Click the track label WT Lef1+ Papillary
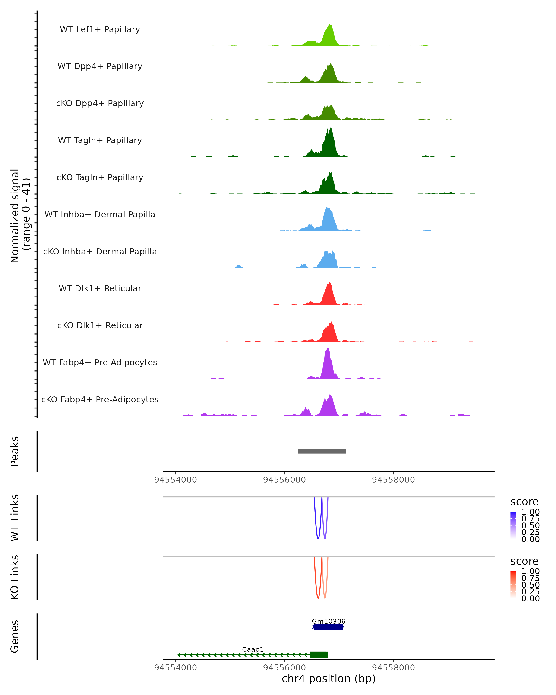click(100, 29)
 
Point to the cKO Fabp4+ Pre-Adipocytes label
click(100, 399)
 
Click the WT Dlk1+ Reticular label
click(100, 288)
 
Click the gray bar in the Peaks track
click(322, 452)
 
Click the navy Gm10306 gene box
click(329, 627)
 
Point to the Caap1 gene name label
click(253, 650)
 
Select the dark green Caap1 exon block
click(319, 655)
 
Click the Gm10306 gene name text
click(329, 621)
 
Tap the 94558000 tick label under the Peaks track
click(393, 480)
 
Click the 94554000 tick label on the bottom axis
click(175, 668)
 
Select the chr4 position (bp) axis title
click(329, 679)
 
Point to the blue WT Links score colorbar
click(513, 525)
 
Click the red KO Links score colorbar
click(513, 584)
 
